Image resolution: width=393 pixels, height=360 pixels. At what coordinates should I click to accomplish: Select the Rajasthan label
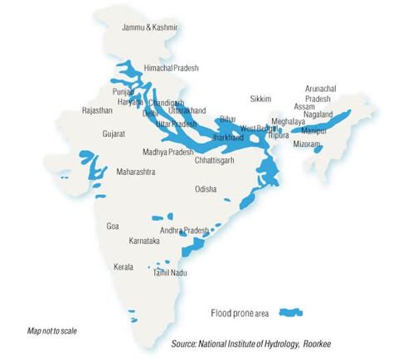[98, 109]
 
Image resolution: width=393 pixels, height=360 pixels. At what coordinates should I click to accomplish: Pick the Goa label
[113, 226]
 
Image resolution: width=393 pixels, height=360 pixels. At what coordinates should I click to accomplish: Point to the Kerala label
[124, 267]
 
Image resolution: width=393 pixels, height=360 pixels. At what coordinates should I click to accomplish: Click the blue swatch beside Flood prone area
[291, 312]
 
